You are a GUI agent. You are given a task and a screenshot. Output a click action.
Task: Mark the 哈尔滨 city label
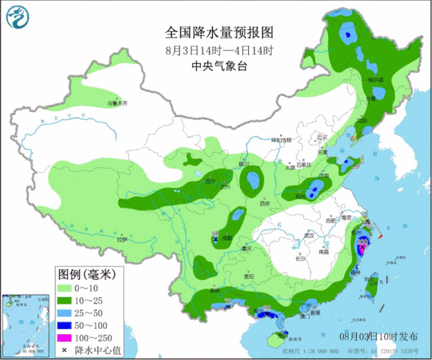375,80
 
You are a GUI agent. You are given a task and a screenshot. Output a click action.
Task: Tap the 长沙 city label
300,258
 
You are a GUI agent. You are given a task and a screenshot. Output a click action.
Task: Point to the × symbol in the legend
65,350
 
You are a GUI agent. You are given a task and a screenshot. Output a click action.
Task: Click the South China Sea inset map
27,322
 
